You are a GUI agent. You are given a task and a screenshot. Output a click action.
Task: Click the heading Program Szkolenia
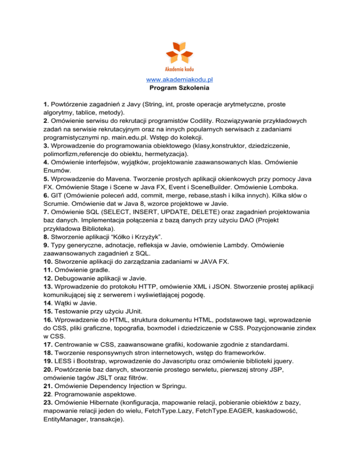[180, 88]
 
